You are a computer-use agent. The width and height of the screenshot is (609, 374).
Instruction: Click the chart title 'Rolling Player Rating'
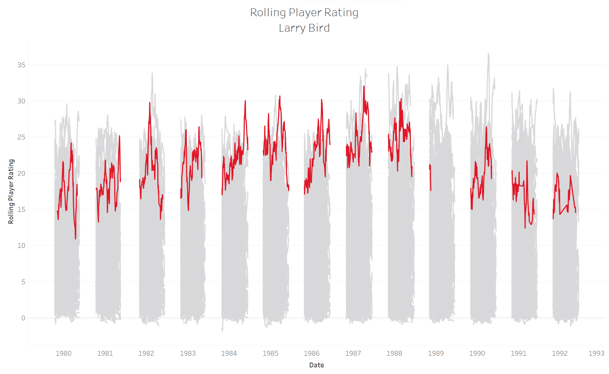[x=304, y=13]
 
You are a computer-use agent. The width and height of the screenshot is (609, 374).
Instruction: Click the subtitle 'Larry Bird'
[x=304, y=28]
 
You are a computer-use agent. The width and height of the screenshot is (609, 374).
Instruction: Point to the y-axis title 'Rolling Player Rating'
[x=11, y=191]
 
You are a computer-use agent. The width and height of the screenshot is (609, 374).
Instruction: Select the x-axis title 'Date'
[x=316, y=365]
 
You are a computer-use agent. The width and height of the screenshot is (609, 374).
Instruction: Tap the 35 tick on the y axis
[x=21, y=65]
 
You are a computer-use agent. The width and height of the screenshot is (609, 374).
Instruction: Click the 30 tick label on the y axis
[x=21, y=101]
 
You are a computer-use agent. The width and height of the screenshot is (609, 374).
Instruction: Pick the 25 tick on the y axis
[x=21, y=137]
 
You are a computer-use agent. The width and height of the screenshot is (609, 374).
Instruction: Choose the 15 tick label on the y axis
[x=21, y=210]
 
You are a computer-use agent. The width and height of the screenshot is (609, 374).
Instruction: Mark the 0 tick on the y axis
[x=23, y=318]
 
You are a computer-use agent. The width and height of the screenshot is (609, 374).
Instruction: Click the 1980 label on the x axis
[x=64, y=353]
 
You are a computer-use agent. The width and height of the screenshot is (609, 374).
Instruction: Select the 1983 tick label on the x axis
[x=187, y=353]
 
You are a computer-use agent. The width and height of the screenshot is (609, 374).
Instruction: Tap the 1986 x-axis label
[x=312, y=353]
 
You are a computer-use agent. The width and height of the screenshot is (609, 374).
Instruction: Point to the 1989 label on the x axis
[x=436, y=353]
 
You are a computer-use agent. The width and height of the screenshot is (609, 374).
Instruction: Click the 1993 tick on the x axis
[x=596, y=353]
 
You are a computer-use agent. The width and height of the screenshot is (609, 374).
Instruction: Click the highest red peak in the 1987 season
[x=364, y=86]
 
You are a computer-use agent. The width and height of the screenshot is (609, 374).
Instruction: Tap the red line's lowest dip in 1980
[x=76, y=238]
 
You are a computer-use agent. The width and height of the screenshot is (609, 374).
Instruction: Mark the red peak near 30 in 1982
[x=150, y=103]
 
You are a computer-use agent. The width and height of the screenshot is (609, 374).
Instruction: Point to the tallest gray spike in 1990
[x=488, y=54]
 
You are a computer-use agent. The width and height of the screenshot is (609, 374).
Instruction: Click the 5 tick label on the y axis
[x=23, y=282]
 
